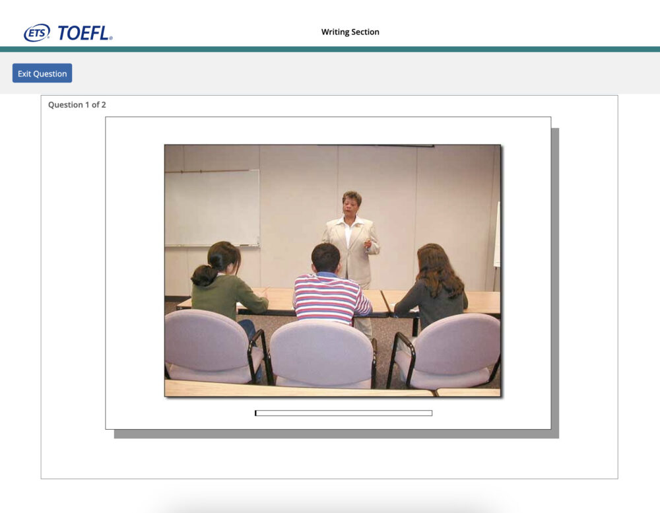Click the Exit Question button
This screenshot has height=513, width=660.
(x=42, y=73)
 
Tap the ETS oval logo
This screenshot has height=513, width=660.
(x=36, y=33)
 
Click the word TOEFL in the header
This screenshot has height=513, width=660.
(x=84, y=33)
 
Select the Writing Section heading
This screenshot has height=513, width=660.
(x=350, y=32)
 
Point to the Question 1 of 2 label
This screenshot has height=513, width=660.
(x=77, y=105)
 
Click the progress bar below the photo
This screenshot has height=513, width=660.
(x=343, y=413)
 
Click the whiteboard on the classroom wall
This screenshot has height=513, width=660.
(x=212, y=208)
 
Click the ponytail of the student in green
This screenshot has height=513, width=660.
(x=204, y=276)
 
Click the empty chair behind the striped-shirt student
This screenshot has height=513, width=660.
(x=323, y=354)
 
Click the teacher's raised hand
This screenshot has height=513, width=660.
(x=368, y=244)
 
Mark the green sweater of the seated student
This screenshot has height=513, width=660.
(x=227, y=296)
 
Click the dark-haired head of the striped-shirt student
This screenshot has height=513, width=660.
(x=326, y=257)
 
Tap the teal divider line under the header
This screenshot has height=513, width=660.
(x=330, y=50)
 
